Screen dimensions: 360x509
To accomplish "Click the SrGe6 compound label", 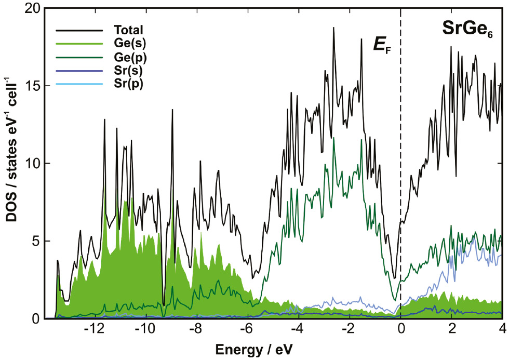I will pyautogui.click(x=467, y=30).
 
